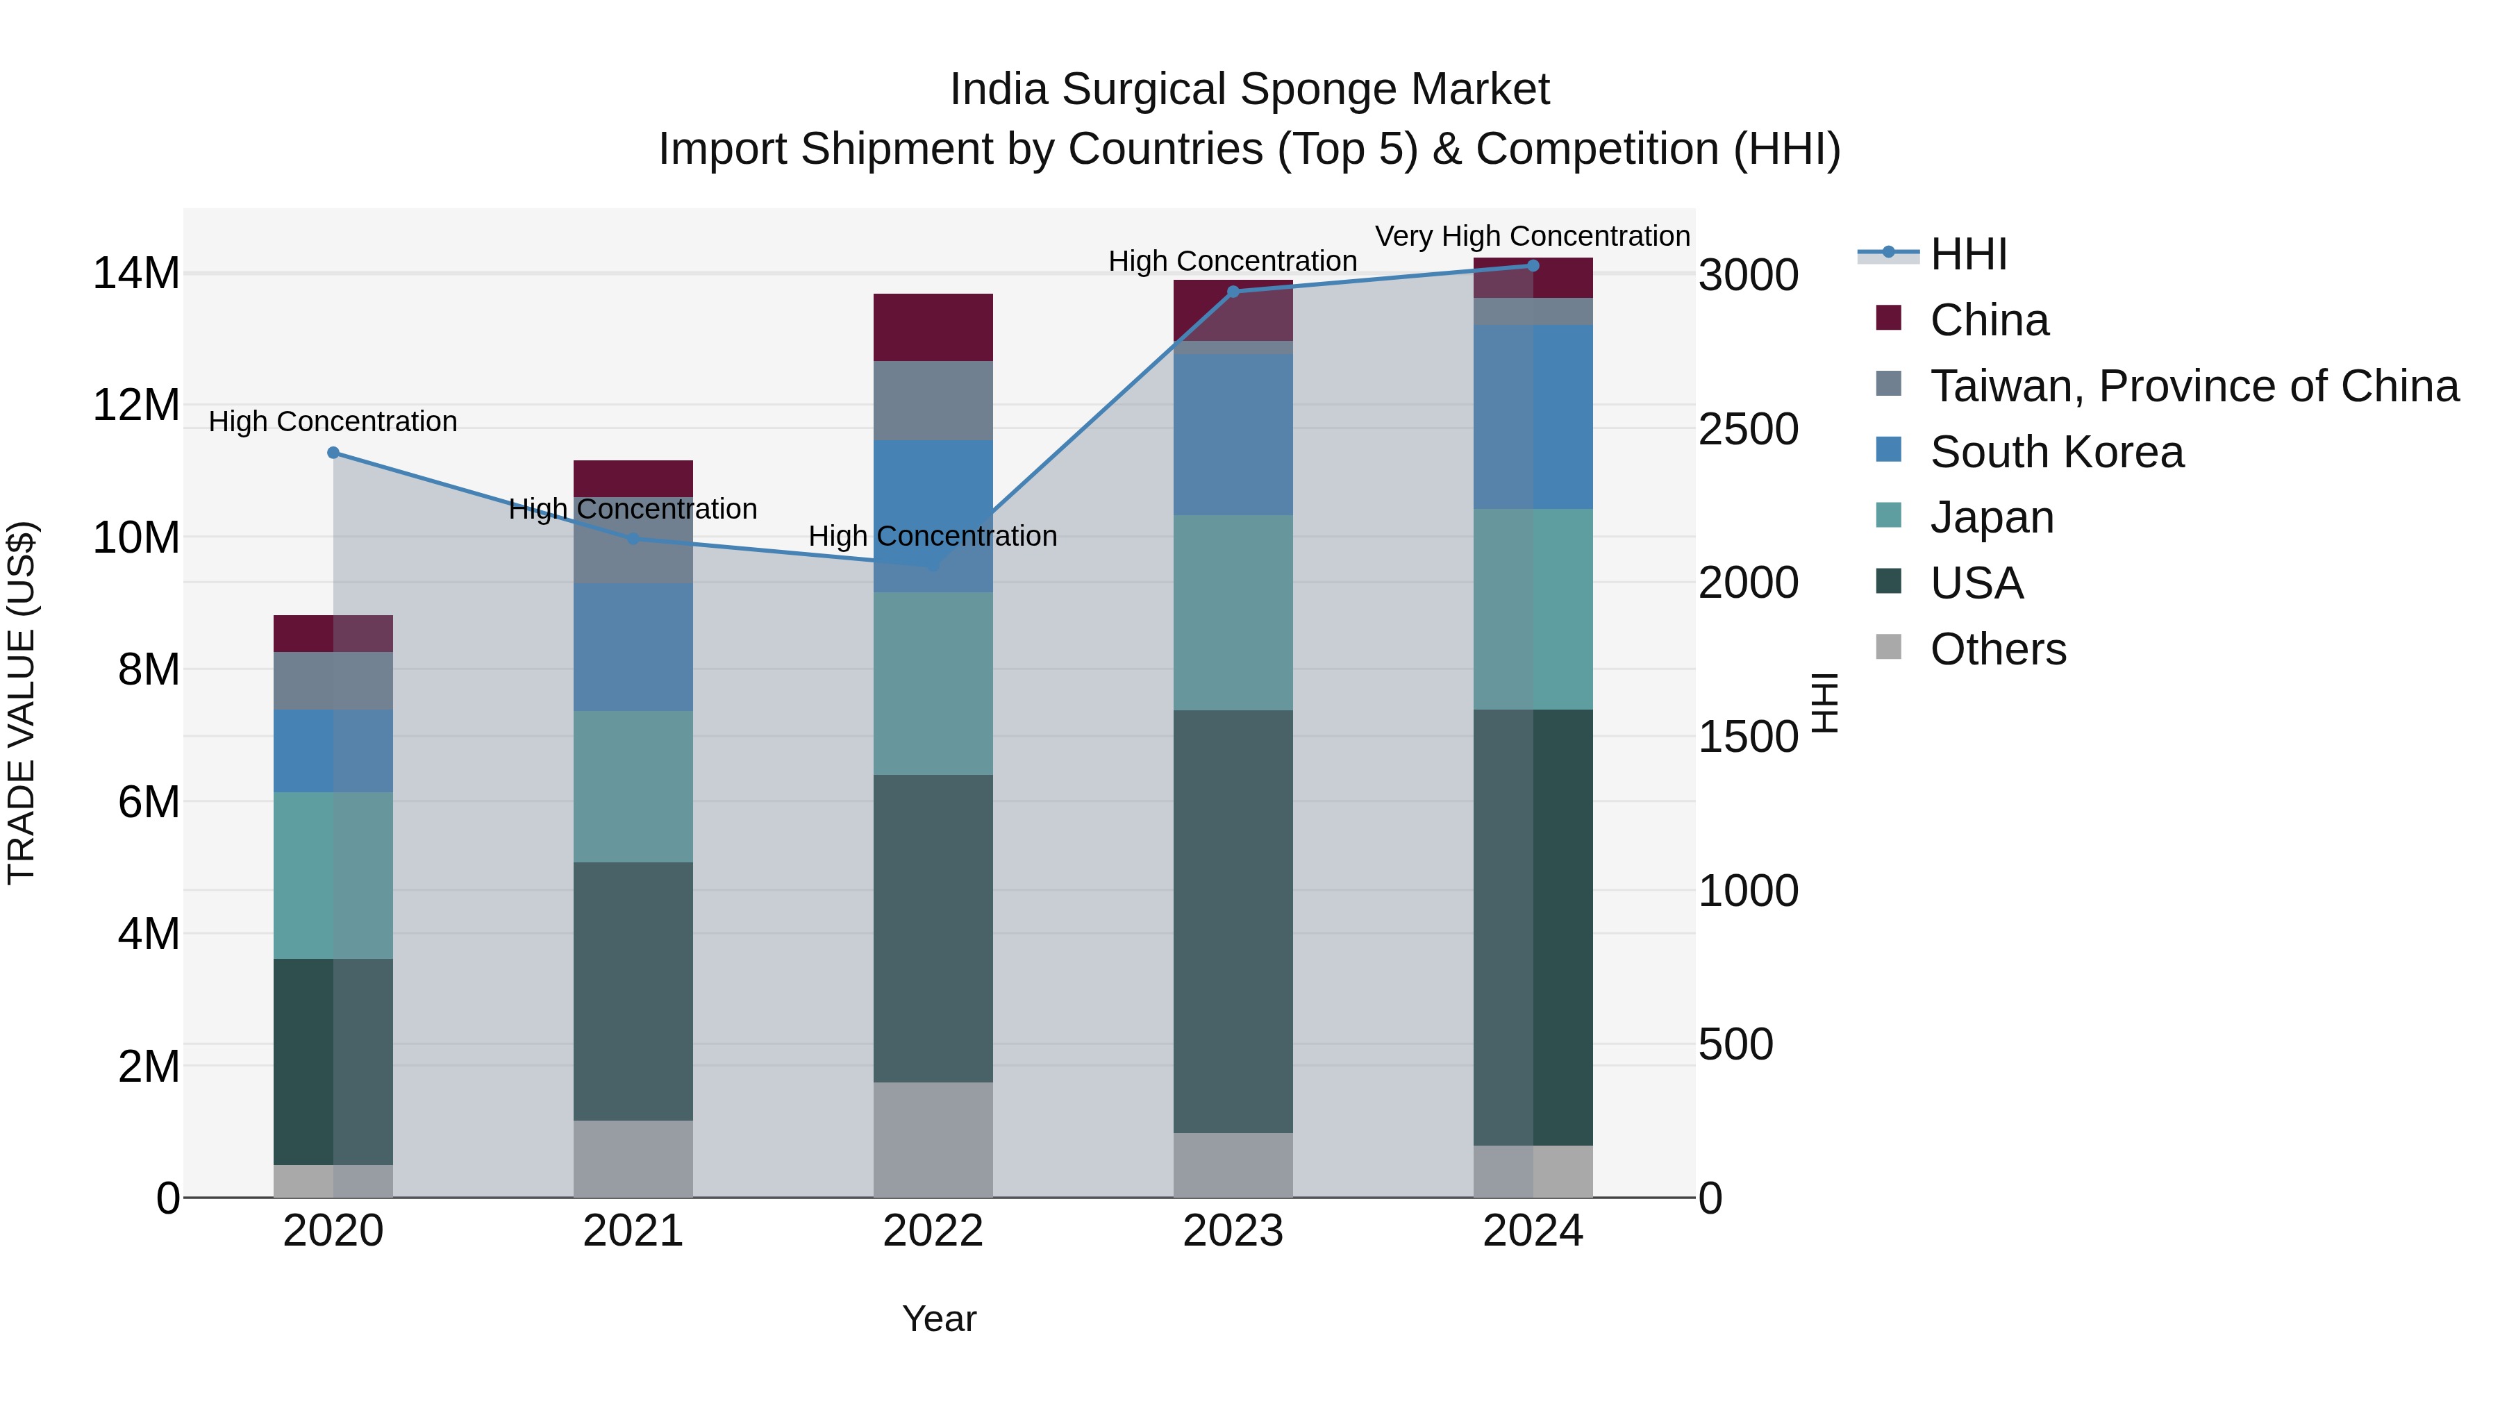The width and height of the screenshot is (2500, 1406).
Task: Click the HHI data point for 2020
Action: click(333, 452)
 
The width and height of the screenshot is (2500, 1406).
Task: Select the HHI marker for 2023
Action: click(1233, 291)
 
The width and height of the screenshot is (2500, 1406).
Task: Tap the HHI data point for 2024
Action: click(1533, 266)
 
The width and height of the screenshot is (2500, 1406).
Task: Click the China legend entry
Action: click(1989, 320)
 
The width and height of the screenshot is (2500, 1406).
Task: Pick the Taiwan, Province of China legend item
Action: click(2193, 386)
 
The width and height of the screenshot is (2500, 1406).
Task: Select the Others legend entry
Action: click(1997, 649)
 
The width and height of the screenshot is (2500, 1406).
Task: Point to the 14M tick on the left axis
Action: click(136, 274)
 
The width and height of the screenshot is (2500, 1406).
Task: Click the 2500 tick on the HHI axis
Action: click(1748, 429)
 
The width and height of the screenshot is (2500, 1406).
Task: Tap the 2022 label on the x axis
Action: click(933, 1231)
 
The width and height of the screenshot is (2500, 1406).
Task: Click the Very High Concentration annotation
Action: click(1533, 236)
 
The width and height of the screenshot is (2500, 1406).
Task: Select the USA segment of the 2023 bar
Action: click(1233, 922)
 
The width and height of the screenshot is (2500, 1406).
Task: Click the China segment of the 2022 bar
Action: click(933, 327)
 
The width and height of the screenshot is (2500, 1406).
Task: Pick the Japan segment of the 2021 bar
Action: click(633, 786)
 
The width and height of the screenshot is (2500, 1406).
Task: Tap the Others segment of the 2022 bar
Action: click(933, 1139)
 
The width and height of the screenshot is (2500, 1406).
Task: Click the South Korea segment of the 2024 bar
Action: click(1533, 417)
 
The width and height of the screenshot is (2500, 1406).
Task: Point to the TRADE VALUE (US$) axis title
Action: click(22, 703)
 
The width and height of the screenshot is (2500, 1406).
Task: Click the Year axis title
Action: click(938, 1319)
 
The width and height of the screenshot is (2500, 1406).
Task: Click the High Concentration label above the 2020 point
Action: click(333, 422)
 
